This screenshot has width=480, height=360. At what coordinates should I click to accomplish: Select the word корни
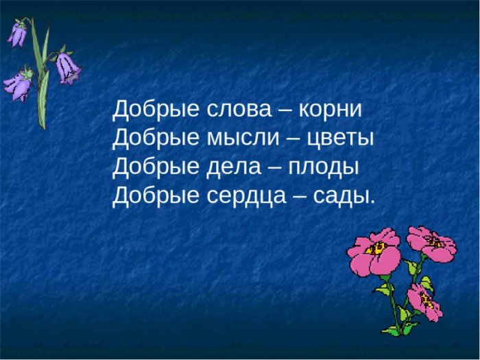pos(330,109)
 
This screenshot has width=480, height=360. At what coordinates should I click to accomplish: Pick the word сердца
pos(245,196)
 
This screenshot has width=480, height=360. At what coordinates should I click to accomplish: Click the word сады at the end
pos(344,196)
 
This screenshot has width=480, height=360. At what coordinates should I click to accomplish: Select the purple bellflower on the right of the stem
pos(67,68)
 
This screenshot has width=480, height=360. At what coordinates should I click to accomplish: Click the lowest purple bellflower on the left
pos(18,85)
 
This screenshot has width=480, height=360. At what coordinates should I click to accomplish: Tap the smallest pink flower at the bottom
pos(425,302)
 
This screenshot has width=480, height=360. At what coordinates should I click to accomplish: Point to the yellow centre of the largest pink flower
pos(377,248)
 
